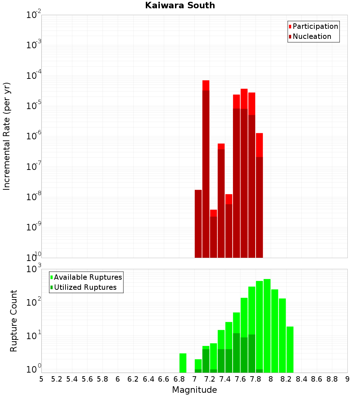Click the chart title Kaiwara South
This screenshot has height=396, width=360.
click(180, 5)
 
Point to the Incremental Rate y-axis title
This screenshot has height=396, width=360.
click(7, 136)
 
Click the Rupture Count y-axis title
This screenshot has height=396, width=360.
click(14, 321)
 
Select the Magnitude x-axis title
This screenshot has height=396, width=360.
click(194, 390)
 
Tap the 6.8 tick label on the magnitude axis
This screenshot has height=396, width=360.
click(179, 379)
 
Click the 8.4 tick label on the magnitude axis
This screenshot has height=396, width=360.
click(302, 379)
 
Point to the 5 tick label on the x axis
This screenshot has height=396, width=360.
click(41, 379)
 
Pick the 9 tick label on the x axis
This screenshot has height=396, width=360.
click(347, 379)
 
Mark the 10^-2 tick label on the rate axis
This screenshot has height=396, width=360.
click(34, 15)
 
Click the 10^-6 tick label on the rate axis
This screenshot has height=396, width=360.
click(34, 136)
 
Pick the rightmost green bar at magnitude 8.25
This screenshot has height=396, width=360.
click(290, 349)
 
